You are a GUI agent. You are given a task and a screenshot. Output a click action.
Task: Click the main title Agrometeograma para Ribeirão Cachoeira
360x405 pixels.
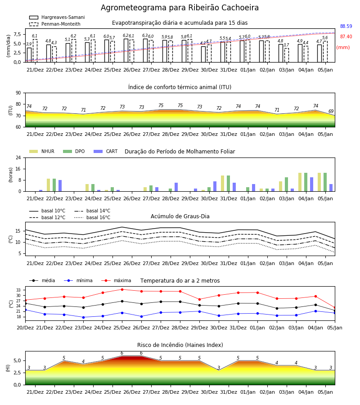tap(180, 8)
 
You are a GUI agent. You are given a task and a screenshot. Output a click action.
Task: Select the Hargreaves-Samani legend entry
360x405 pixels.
tap(57, 17)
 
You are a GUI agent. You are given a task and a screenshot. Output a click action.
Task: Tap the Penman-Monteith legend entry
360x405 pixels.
tap(55, 24)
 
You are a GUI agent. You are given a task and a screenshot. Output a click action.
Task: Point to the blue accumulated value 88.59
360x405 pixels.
tap(346, 26)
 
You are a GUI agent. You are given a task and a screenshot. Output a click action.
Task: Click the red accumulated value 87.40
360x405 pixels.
tap(346, 37)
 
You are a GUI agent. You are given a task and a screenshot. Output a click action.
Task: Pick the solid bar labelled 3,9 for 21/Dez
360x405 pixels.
tap(29, 55)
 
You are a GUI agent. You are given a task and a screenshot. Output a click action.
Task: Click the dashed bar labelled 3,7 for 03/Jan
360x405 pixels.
tap(287, 55)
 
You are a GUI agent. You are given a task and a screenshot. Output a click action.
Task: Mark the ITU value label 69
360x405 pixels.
tap(331, 111)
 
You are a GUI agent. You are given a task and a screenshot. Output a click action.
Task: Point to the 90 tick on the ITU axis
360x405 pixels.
tap(18, 93)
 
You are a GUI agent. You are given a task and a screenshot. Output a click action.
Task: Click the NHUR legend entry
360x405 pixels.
tap(42, 151)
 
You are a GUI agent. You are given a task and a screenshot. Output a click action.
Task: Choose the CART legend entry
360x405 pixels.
tap(106, 151)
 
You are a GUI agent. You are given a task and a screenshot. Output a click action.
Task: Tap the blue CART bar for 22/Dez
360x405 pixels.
tap(60, 186)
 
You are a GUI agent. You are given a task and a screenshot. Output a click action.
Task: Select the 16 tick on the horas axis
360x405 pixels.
tap(18, 169)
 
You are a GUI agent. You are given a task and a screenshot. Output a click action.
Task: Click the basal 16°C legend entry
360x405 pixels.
tap(92, 217)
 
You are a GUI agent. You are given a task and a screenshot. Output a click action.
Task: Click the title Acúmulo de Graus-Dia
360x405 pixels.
tap(180, 216)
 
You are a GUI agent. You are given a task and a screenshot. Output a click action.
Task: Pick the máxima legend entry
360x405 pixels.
tap(116, 280)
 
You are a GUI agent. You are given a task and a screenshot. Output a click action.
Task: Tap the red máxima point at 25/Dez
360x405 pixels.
tap(122, 289)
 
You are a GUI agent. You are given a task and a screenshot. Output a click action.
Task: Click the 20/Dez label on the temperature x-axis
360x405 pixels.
tap(25, 328)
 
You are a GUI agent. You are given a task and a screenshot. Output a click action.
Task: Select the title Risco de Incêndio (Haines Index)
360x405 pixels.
tap(180, 345)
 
